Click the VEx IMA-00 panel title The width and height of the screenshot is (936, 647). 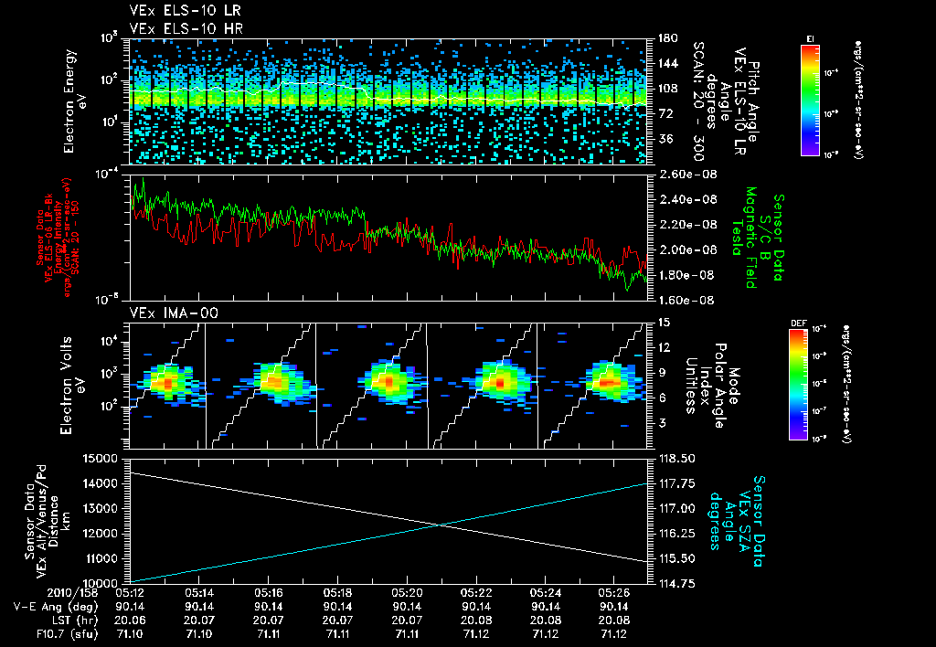click(x=167, y=313)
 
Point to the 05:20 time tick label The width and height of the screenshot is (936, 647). click(x=408, y=592)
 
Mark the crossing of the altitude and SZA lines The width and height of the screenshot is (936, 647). click(x=441, y=524)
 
